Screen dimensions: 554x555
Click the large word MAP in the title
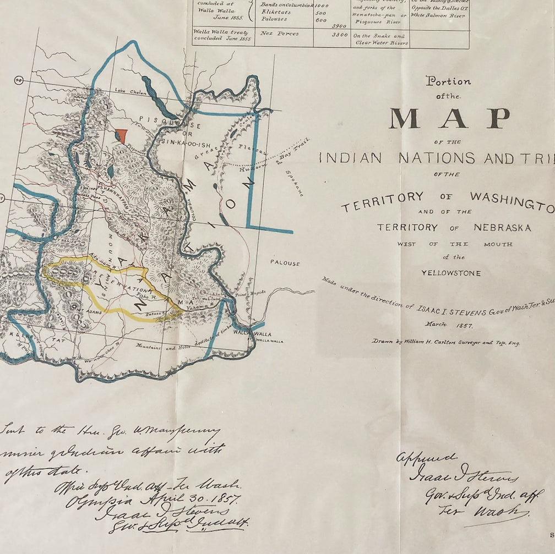click(x=450, y=118)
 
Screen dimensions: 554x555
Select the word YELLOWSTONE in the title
click(x=451, y=273)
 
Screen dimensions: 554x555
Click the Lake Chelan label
click(x=130, y=92)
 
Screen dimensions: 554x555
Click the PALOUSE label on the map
click(x=285, y=263)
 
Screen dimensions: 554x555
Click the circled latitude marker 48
click(x=19, y=80)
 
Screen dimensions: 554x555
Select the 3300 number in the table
click(x=340, y=35)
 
